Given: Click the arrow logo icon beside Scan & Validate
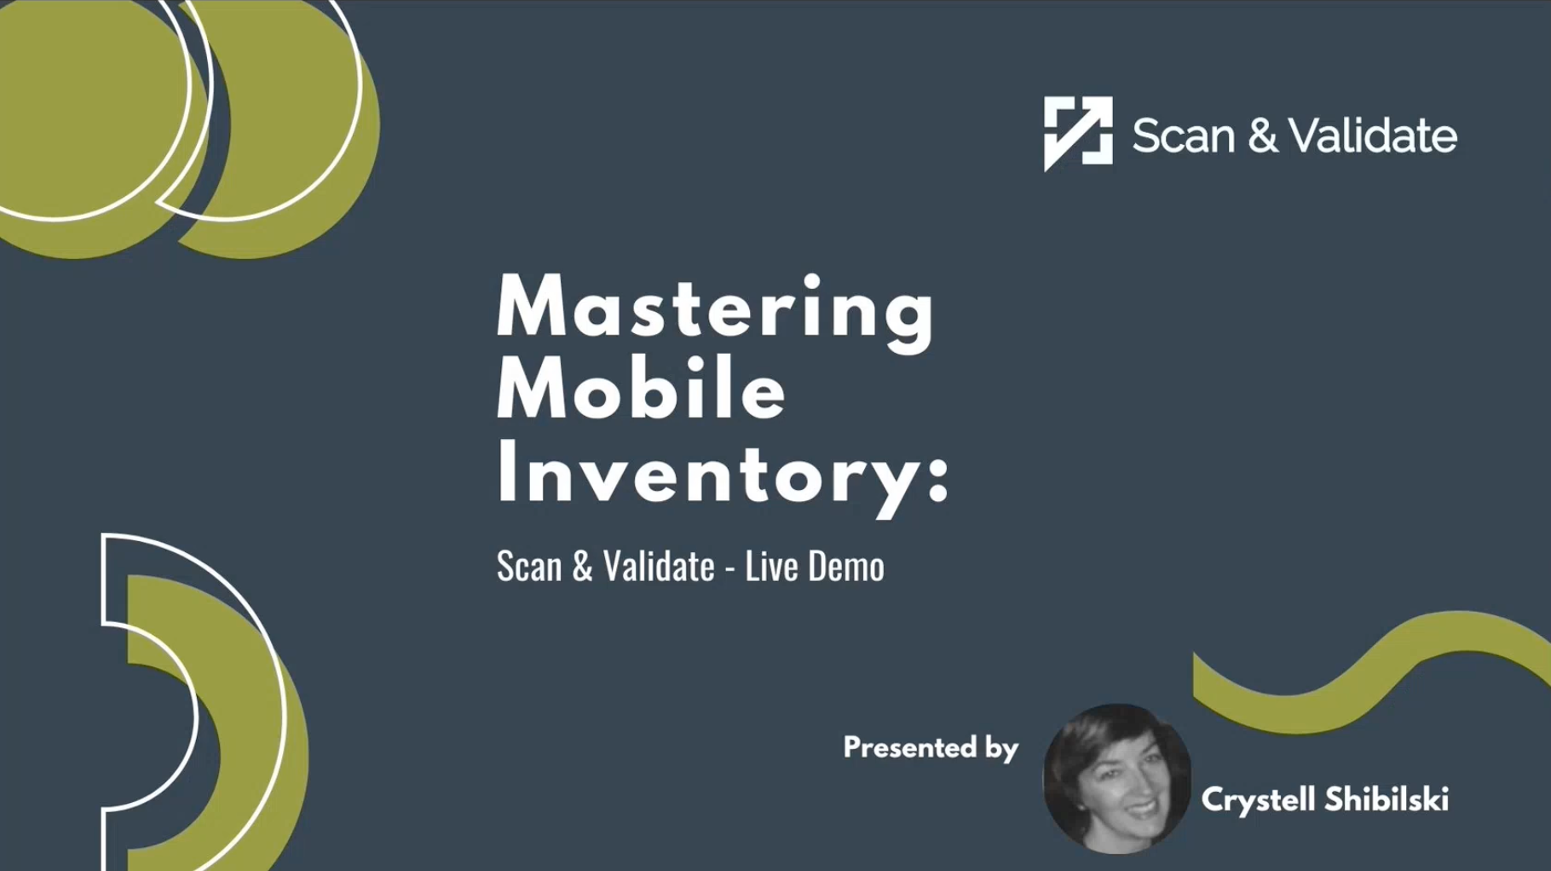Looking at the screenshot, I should coord(1077,132).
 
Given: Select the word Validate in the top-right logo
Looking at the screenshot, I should coord(1372,136).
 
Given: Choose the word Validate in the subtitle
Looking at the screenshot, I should coord(658,567).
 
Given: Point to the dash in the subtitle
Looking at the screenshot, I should coord(729,568).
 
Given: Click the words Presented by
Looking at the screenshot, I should coord(930,748).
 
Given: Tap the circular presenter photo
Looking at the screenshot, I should coord(1116,777).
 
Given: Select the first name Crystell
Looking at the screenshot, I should coord(1257,800).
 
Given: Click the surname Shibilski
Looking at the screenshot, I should coord(1386,799).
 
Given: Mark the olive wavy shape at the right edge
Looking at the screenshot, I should coord(1372,669).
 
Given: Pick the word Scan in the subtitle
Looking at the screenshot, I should coord(528,567).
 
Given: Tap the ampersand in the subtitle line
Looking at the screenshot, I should coord(582,567).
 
